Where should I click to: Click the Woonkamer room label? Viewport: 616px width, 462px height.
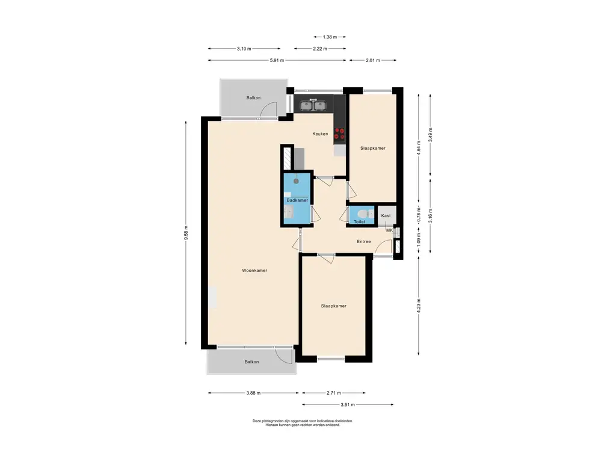pos(254,270)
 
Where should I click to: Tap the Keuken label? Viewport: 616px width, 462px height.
pos(320,134)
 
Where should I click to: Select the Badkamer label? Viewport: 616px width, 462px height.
pos(297,200)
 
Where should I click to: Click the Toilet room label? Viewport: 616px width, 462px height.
pos(360,221)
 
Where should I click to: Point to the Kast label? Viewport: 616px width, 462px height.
pos(386,216)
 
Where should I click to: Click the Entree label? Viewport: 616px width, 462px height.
pos(364,242)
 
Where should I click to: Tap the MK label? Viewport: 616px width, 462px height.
pos(389,230)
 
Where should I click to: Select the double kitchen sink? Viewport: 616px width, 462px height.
pos(313,105)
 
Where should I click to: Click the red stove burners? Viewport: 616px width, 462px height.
pos(339,134)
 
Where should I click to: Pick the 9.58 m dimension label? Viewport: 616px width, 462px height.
pos(186,233)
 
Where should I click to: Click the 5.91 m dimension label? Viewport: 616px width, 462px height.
pos(277,61)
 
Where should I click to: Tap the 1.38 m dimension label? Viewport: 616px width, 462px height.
pos(330,37)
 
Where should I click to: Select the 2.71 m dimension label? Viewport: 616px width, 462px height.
pos(333,393)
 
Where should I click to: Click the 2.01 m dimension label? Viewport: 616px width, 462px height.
pos(373,61)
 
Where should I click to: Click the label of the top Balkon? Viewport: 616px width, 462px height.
pos(253,98)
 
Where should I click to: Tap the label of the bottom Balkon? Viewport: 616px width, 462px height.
pos(252,362)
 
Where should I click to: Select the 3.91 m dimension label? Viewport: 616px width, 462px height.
pos(348,405)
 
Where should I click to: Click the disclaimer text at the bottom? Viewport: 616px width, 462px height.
pos(303,423)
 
